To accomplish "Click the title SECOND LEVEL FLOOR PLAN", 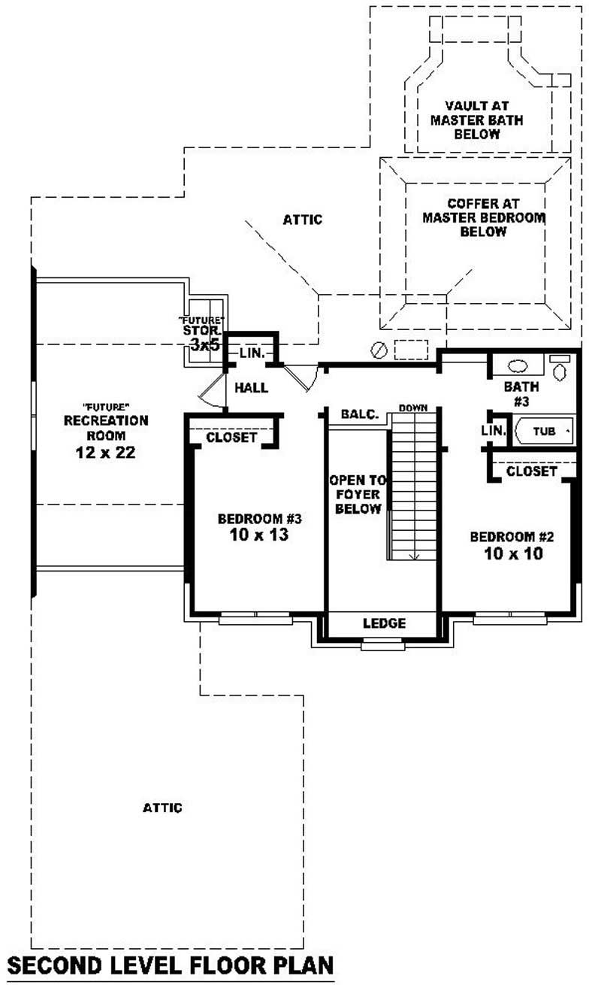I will pyautogui.click(x=170, y=965).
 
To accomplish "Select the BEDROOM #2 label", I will pyautogui.click(x=512, y=537).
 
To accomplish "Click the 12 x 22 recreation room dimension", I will pyautogui.click(x=106, y=453).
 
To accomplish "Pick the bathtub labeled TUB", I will pyautogui.click(x=544, y=432).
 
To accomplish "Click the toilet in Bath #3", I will pyautogui.click(x=559, y=369).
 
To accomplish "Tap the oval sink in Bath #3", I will pyautogui.click(x=518, y=366).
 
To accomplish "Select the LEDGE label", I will pyautogui.click(x=384, y=623).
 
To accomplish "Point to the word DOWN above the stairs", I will pyautogui.click(x=413, y=408).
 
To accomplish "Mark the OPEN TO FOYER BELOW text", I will pyautogui.click(x=358, y=494).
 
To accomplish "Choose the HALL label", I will pyautogui.click(x=252, y=388).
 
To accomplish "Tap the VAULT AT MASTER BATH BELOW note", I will pyautogui.click(x=476, y=120).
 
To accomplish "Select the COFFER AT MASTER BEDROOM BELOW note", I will pyautogui.click(x=484, y=218).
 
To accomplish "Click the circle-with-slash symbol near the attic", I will pyautogui.click(x=380, y=350).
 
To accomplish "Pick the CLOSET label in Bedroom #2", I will pyautogui.click(x=532, y=471).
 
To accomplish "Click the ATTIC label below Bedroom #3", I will pyautogui.click(x=162, y=808).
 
